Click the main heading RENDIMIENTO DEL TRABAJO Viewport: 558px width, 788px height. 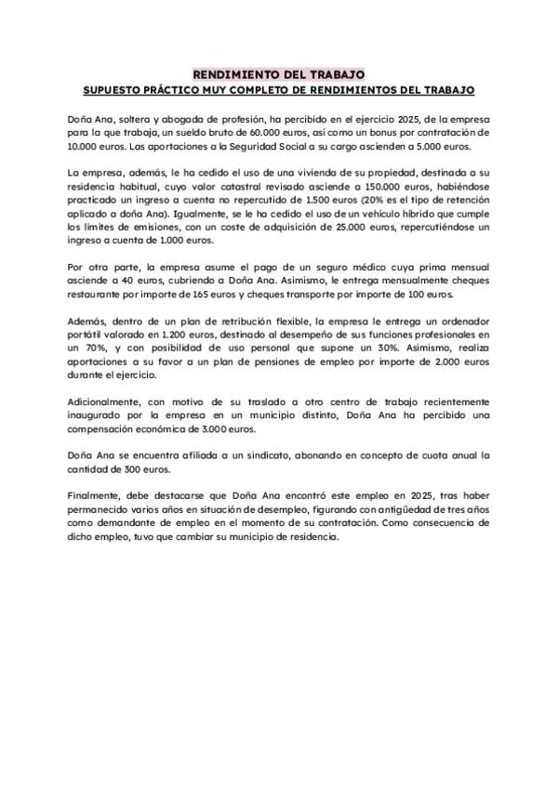[278, 73]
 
